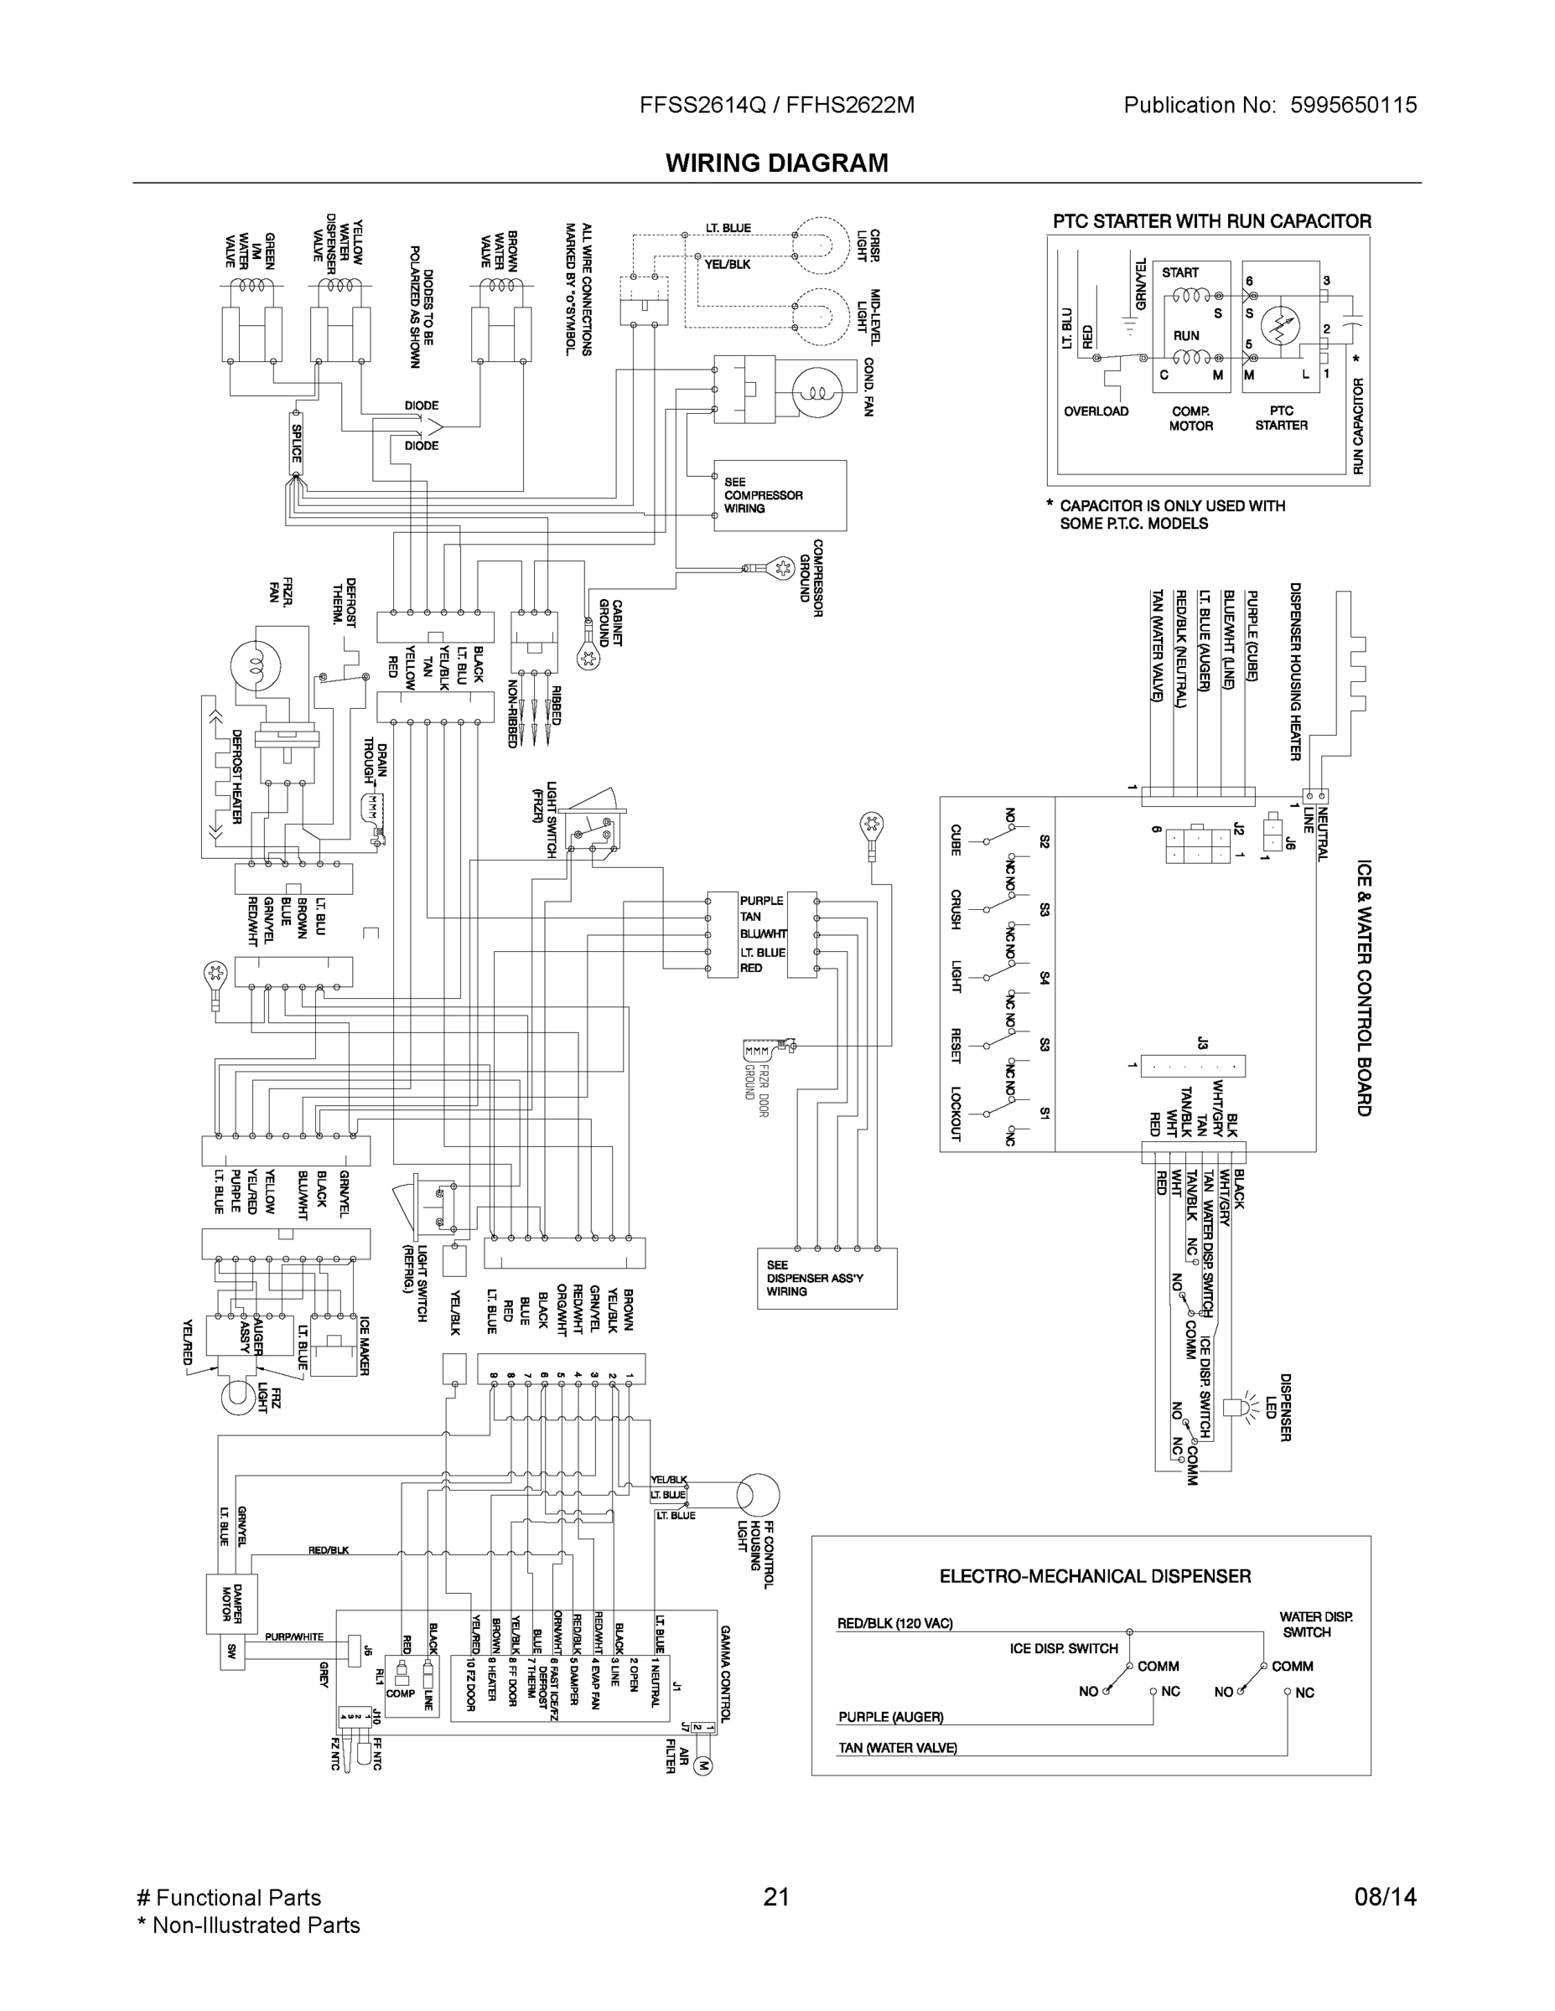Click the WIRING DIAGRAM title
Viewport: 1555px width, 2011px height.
click(x=776, y=163)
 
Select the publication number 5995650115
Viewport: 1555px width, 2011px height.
click(x=1353, y=105)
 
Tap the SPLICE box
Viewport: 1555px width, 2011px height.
click(x=297, y=443)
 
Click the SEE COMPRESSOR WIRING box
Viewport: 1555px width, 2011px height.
click(x=780, y=495)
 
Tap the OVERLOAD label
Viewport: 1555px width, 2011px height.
click(x=1096, y=411)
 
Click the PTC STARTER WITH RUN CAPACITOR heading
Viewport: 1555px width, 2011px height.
click(x=1211, y=221)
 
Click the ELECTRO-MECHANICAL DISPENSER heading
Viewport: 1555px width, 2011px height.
click(x=1095, y=1576)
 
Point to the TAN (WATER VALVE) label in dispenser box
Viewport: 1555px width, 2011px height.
click(x=897, y=1748)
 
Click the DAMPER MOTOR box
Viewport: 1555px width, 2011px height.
click(x=225, y=1603)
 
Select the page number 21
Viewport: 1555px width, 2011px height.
click(x=776, y=1897)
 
